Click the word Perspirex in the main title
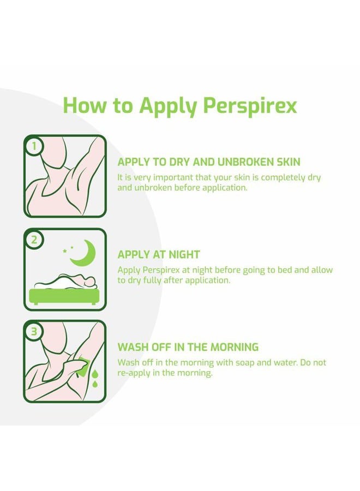[250, 105]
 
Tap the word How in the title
[85, 105]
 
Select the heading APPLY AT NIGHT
[159, 255]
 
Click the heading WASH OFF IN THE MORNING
[188, 347]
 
